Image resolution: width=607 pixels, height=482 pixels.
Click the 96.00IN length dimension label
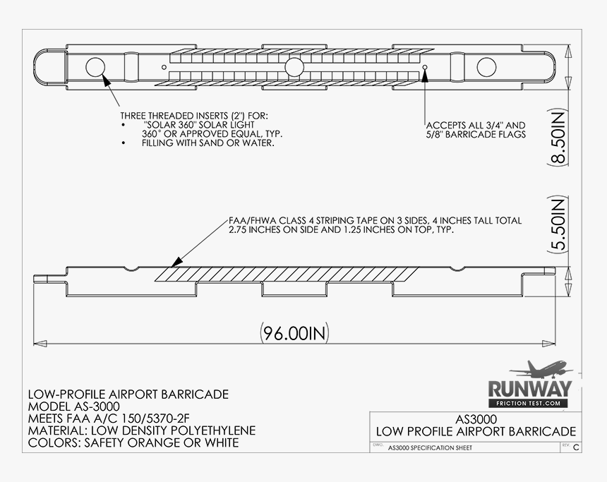(x=294, y=333)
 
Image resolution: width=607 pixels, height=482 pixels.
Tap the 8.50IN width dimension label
(x=558, y=138)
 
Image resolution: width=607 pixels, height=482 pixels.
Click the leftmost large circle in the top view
(x=95, y=67)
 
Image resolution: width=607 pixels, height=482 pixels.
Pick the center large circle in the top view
(x=294, y=67)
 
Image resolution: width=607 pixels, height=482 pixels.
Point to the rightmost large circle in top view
(x=486, y=67)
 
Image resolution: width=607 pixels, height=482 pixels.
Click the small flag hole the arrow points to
(x=425, y=67)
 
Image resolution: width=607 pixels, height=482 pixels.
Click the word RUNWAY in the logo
(x=530, y=390)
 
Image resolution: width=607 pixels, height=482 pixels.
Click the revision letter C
(x=577, y=448)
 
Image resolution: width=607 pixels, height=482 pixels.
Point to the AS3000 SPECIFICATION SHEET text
(x=430, y=448)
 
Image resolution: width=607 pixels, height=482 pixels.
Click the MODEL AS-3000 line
(x=74, y=406)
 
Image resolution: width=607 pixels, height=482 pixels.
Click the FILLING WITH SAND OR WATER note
(x=208, y=143)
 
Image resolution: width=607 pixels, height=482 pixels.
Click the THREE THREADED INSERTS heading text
(x=194, y=116)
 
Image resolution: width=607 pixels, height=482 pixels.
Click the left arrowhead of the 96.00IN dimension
(x=40, y=344)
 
